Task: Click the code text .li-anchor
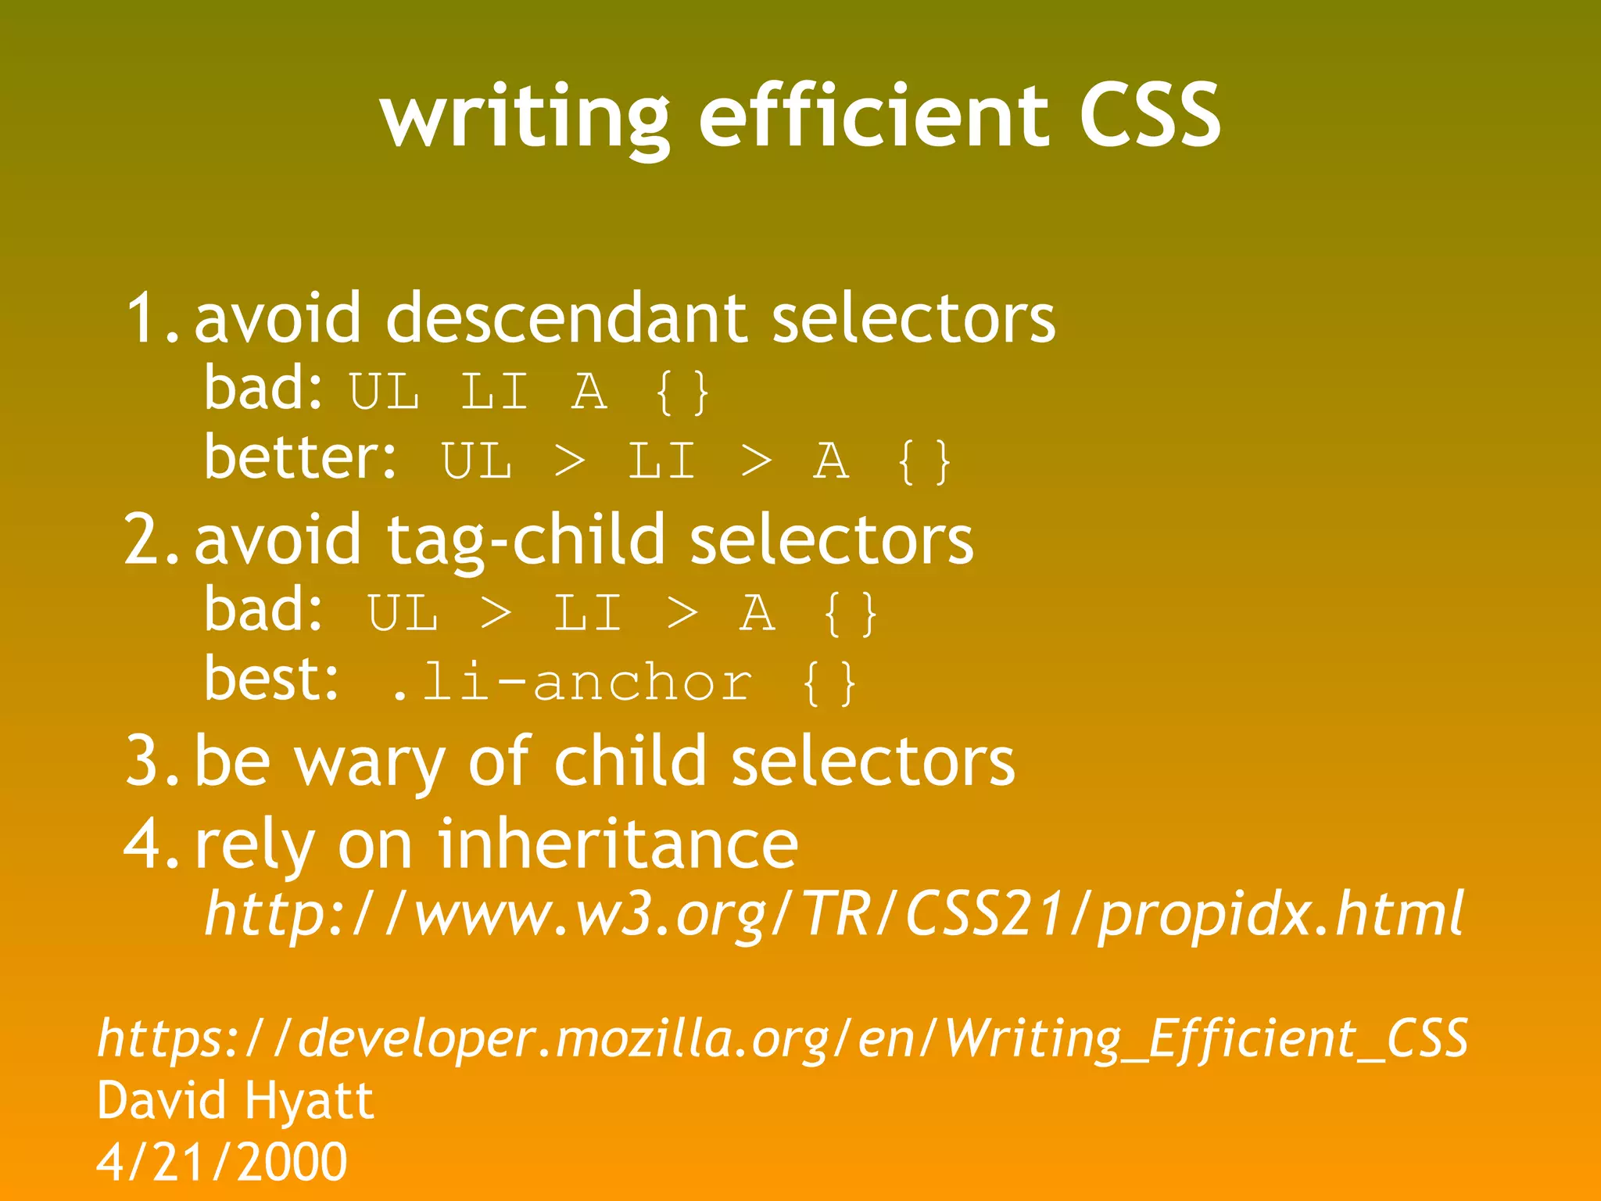(x=571, y=683)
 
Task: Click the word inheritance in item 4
(x=618, y=844)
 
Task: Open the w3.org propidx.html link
(x=833, y=913)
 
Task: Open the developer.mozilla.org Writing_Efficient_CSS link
(x=783, y=1038)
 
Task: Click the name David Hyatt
(x=235, y=1101)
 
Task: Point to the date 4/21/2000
(x=222, y=1162)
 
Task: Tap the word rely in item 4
(x=255, y=844)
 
